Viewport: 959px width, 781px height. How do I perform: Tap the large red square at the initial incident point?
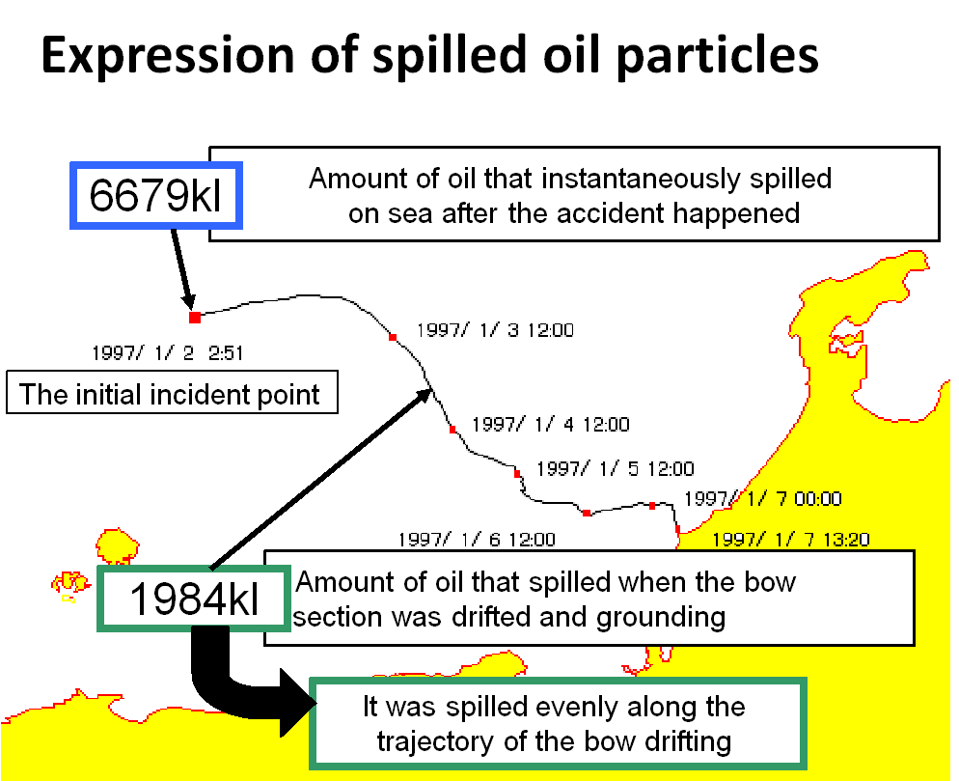tap(195, 317)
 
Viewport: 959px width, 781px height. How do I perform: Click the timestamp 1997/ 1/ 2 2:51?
tap(168, 353)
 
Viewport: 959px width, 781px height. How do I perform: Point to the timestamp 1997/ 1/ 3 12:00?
tap(495, 330)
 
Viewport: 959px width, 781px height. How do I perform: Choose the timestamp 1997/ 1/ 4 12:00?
tap(551, 424)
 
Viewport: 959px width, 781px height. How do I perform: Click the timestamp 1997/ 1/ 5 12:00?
tap(616, 469)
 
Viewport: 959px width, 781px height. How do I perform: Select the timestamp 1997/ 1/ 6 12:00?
tap(477, 540)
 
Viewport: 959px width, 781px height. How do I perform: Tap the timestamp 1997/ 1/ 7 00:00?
tap(763, 499)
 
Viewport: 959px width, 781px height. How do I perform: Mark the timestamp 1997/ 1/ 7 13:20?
tap(791, 540)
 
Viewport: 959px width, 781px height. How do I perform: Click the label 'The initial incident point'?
tap(170, 394)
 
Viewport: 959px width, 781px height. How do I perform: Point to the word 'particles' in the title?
tap(717, 56)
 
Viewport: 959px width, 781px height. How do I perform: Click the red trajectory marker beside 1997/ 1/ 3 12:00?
tap(393, 337)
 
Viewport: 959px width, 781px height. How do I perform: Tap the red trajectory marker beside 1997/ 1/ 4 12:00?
tap(452, 430)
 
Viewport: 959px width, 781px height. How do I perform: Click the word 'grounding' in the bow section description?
tap(661, 618)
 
